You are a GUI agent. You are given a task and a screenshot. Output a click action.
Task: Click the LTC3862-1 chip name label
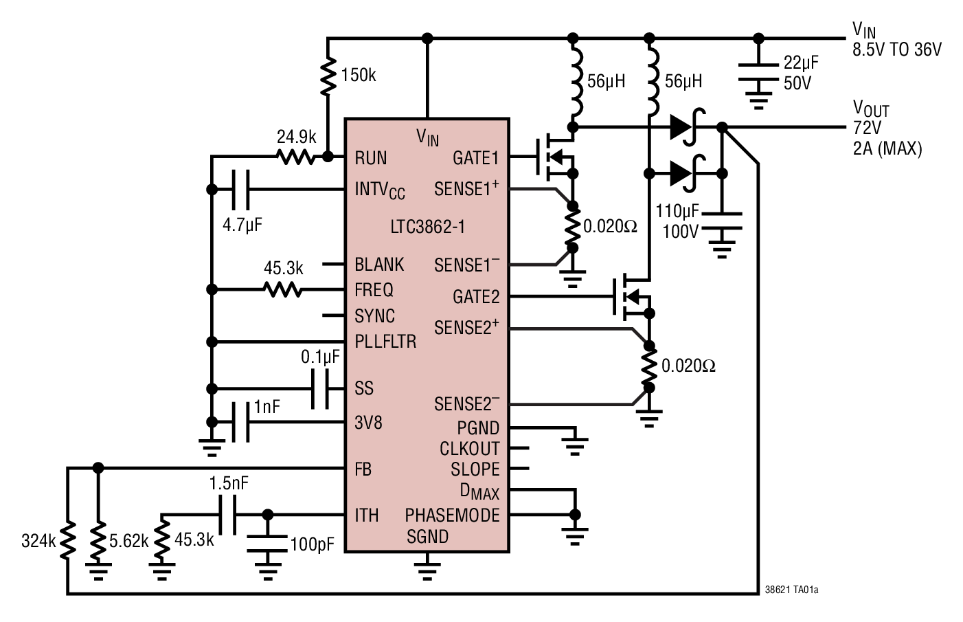click(427, 227)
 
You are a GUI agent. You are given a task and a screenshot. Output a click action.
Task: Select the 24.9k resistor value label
click(296, 137)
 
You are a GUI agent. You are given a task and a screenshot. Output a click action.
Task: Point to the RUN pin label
click(370, 158)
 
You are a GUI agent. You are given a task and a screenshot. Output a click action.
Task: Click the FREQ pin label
click(374, 290)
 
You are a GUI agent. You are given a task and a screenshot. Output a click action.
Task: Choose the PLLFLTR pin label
click(385, 341)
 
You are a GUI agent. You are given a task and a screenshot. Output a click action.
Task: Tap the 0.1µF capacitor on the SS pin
click(320, 389)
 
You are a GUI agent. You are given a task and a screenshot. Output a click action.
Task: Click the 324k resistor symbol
click(67, 541)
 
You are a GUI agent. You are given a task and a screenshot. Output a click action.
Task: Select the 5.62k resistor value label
click(128, 541)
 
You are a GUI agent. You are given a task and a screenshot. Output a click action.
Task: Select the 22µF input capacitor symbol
click(758, 72)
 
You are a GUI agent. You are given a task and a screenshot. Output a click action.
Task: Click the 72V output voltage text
click(867, 128)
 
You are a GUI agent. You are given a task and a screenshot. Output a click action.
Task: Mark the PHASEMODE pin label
click(452, 515)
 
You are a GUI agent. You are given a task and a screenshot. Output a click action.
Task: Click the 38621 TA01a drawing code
click(791, 590)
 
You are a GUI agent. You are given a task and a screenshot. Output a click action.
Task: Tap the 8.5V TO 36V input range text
click(897, 49)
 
